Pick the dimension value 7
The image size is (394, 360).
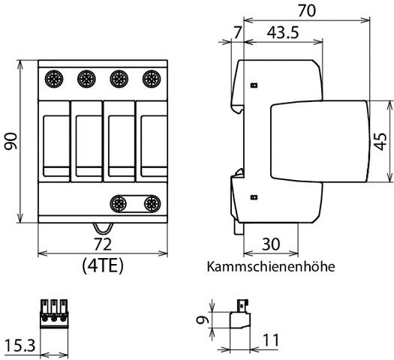pyautogui.click(x=238, y=34)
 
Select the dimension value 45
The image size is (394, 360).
pyautogui.click(x=380, y=140)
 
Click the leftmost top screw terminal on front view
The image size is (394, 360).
pyautogui.click(x=53, y=77)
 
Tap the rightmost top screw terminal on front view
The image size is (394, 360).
pyautogui.click(x=152, y=77)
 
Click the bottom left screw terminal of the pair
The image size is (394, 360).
pyautogui.click(x=119, y=202)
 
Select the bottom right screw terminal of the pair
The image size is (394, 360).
pyautogui.click(x=152, y=202)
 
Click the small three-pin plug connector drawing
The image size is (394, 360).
pyautogui.click(x=54, y=313)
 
